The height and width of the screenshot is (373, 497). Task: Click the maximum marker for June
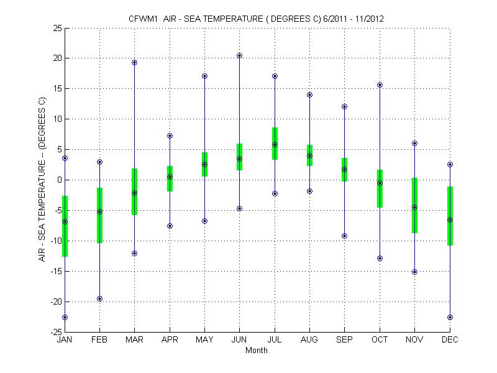click(x=239, y=55)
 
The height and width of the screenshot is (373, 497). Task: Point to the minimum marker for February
click(x=99, y=298)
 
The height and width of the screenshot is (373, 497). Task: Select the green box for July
click(x=275, y=144)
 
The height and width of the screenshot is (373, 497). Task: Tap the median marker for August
click(x=309, y=156)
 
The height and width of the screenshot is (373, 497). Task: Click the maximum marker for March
click(x=134, y=62)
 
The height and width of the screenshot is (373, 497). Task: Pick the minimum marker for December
click(x=450, y=317)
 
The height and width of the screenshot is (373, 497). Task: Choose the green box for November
click(x=414, y=205)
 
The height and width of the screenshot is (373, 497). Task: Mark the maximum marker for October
click(x=380, y=85)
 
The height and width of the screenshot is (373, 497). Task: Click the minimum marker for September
click(x=345, y=236)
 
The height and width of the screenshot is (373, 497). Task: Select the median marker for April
click(x=170, y=177)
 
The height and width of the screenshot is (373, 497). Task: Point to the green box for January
click(x=65, y=226)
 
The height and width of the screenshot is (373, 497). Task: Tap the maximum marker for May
click(x=204, y=76)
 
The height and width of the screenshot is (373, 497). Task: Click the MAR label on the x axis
click(x=134, y=340)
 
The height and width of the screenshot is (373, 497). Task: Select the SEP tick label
click(x=345, y=340)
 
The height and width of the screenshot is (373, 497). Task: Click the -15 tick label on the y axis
click(x=53, y=271)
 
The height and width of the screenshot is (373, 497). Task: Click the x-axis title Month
click(x=257, y=350)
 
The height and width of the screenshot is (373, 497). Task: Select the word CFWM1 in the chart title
click(x=142, y=19)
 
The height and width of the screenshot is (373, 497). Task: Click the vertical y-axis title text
click(x=42, y=179)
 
